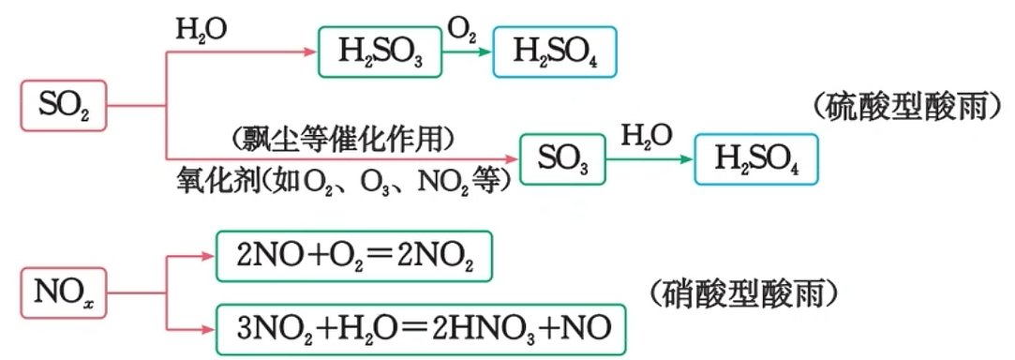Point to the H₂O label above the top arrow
[202, 30]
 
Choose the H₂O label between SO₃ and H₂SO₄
[647, 136]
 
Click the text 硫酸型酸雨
[910, 108]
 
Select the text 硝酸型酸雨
[744, 294]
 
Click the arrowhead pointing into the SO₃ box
[513, 158]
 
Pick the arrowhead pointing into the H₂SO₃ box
[311, 52]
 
